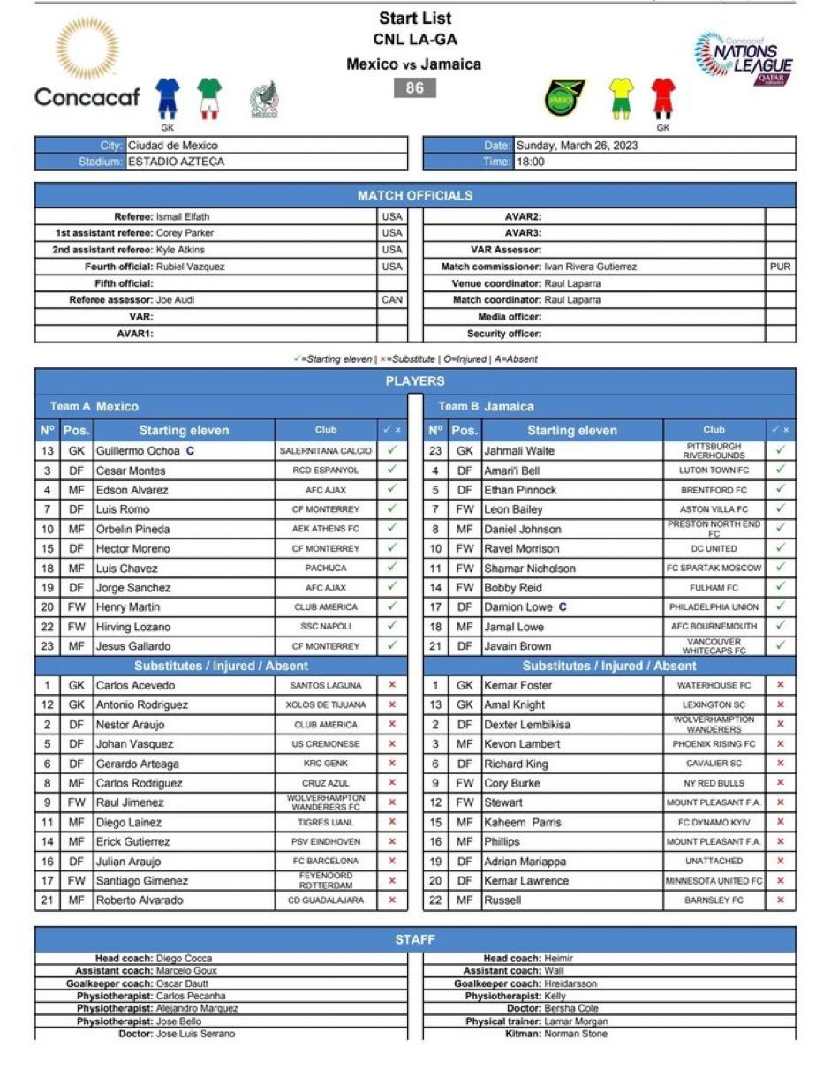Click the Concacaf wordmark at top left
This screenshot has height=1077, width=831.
pos(87,96)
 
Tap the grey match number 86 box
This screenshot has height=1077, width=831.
pos(415,87)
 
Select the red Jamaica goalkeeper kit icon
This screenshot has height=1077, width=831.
pos(663,97)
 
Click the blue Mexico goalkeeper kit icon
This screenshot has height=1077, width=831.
pos(168,96)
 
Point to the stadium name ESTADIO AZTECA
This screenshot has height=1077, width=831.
pos(177,162)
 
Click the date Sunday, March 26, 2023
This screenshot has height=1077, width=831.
pos(577,145)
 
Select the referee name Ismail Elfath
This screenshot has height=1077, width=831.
pos(183,216)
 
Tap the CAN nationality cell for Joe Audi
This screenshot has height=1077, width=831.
pos(392,300)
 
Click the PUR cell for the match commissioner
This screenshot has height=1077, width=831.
pos(780,267)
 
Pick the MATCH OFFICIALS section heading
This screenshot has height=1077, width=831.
pos(415,195)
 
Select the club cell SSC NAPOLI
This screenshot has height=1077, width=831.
pos(326,627)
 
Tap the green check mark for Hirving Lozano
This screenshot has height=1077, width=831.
pos(392,626)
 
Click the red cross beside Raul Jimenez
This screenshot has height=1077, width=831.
pos(392,802)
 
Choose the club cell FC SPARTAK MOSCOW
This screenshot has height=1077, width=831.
pos(714,568)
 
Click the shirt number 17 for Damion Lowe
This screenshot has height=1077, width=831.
pos(435,607)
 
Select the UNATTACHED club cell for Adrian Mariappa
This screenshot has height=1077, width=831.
pos(714,861)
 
